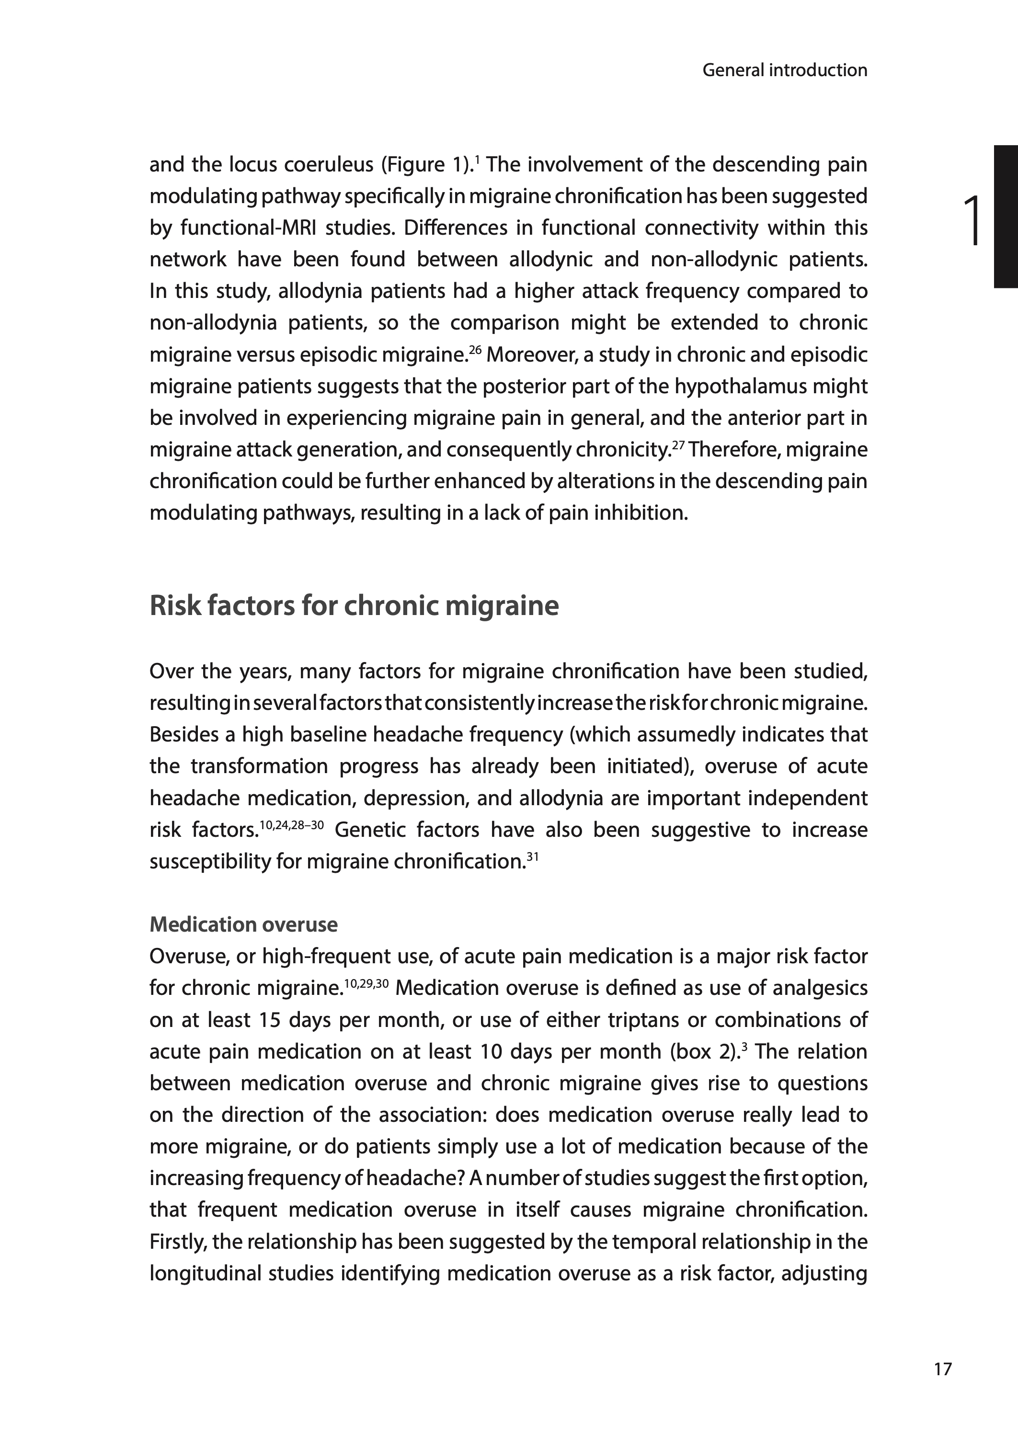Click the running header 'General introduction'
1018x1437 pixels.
coord(784,70)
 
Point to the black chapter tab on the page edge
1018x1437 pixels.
coord(1006,216)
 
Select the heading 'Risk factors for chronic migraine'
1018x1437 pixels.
coord(354,606)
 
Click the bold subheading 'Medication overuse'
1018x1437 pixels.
coord(243,924)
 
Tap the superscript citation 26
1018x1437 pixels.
coord(475,348)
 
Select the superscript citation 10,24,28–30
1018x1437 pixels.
coord(291,824)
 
